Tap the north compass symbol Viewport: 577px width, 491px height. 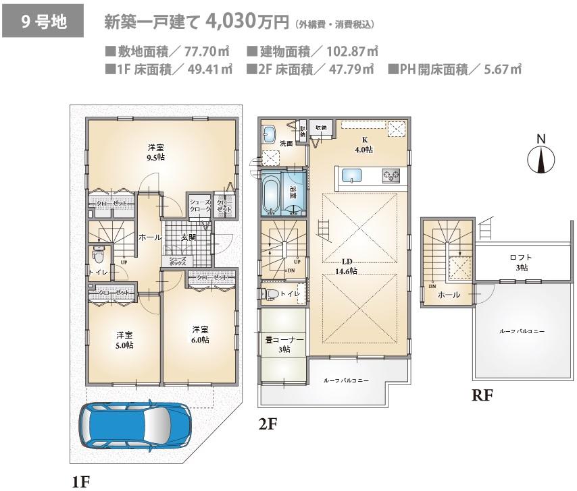[x=541, y=158]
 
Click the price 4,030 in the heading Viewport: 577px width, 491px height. [x=232, y=22]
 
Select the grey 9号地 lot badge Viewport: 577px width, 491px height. [x=43, y=22]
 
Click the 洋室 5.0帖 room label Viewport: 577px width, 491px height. [x=124, y=340]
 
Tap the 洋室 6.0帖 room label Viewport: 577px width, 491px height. [x=199, y=335]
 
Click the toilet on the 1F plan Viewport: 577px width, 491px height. [x=99, y=255]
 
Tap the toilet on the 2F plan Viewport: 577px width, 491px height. [x=270, y=293]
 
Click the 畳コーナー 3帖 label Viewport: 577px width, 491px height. [x=282, y=345]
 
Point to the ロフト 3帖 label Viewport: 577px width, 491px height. [x=521, y=262]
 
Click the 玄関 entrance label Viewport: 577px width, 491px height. [x=189, y=237]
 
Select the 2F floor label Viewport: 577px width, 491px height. [x=269, y=423]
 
